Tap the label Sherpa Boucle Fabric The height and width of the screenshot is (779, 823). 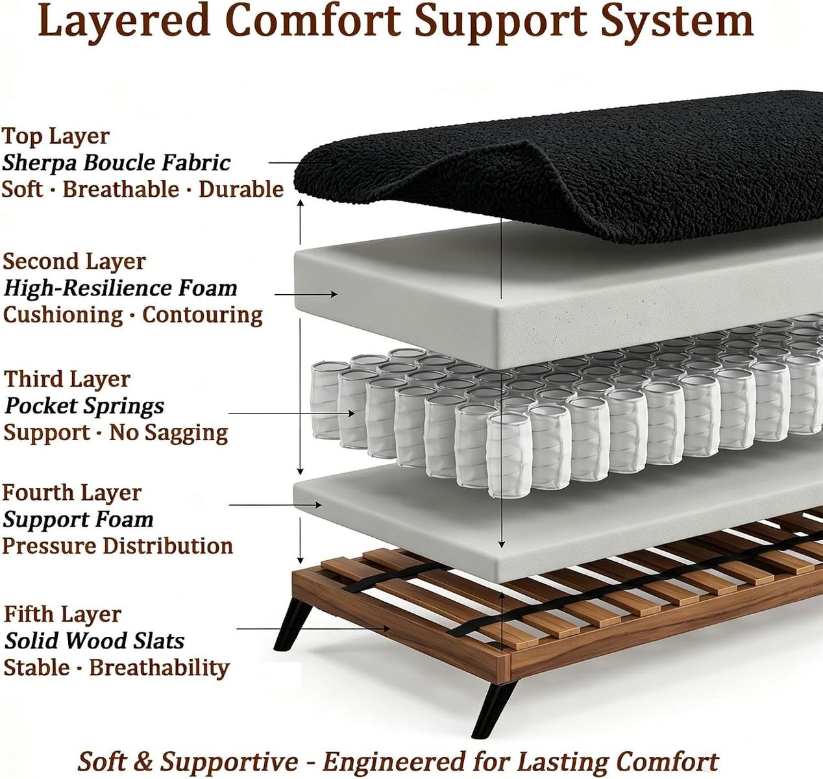[x=116, y=163]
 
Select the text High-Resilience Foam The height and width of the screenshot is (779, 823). [x=121, y=289]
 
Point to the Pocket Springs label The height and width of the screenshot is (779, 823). [x=84, y=406]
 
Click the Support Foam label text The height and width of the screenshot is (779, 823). [x=79, y=520]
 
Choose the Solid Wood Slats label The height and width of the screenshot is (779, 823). [x=94, y=641]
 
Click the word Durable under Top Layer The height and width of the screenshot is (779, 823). [x=241, y=190]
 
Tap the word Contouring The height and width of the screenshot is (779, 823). [x=203, y=315]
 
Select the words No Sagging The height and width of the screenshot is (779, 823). [x=169, y=432]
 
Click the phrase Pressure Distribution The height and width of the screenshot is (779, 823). [x=117, y=546]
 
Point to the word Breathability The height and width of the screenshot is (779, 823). [x=160, y=667]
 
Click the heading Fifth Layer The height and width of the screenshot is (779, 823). [x=63, y=614]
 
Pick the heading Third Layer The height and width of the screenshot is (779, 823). [x=67, y=380]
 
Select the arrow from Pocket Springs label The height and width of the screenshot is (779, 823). [x=291, y=414]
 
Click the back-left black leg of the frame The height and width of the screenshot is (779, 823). [x=293, y=624]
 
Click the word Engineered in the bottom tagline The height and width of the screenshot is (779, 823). [x=393, y=761]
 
